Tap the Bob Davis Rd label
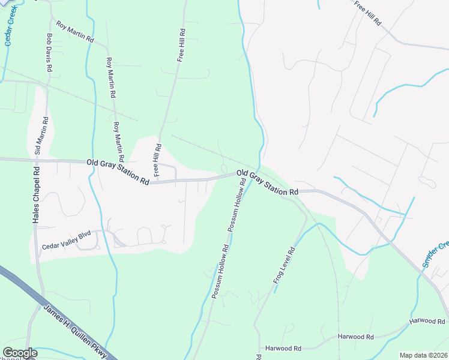point(49,53)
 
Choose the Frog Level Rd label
point(285,268)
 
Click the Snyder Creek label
point(435,254)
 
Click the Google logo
point(20,353)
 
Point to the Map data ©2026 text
point(423,355)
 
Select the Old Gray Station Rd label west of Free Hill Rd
point(118,171)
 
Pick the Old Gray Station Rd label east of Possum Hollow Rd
point(268,182)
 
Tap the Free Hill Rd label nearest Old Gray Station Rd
point(157,160)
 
